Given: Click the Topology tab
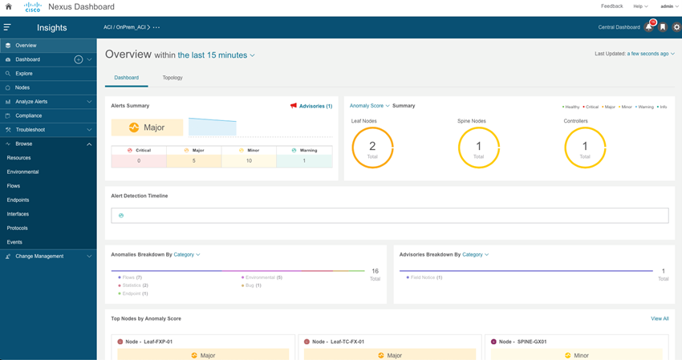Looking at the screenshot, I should pos(173,78).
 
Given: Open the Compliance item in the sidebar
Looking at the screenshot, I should pos(29,115).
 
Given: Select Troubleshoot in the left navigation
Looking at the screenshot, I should pos(30,130).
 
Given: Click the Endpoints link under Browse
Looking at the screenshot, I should pos(18,200).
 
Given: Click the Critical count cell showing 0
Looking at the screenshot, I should pos(139,161).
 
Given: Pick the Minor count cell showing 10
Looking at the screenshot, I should pos(250,161).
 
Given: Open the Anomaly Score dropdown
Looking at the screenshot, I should pos(369,106).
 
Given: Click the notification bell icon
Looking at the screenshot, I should pos(649,27).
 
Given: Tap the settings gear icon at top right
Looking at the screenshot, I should pos(676,27).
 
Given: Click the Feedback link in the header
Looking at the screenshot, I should pos(611,6).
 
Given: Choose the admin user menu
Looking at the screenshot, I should pos(668,6).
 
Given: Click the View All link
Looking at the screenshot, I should pos(660,318).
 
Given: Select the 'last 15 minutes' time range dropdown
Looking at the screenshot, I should pos(216,55).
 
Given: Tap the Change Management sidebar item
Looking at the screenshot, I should pos(39,257).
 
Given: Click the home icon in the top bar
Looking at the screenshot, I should pos(9,6).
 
